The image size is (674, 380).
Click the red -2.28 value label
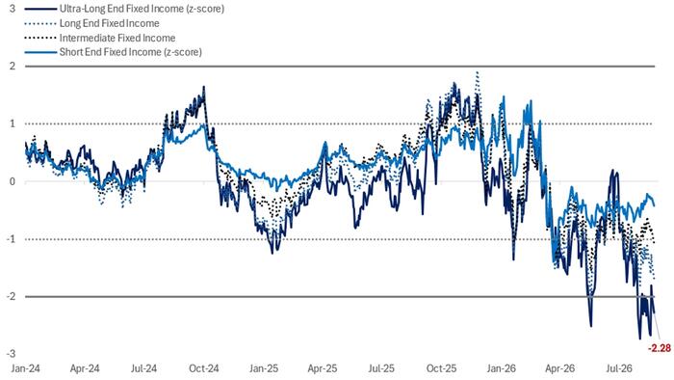click(x=659, y=348)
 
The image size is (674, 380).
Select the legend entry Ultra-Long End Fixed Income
click(x=142, y=9)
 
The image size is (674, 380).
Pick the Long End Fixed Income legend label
click(x=109, y=23)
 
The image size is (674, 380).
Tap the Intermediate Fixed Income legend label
click(x=117, y=38)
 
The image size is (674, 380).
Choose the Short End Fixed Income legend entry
click(x=130, y=52)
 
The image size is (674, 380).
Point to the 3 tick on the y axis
click(x=13, y=8)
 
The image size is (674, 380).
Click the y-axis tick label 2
click(x=13, y=67)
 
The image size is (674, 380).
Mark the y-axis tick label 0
click(x=13, y=181)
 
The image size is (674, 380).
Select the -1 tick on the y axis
click(x=11, y=239)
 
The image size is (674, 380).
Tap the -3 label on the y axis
click(x=11, y=354)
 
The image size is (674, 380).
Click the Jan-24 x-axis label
click(x=25, y=368)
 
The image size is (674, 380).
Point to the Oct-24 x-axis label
click(x=204, y=368)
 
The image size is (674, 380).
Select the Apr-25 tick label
click(x=323, y=368)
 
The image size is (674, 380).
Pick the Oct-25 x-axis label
click(x=441, y=368)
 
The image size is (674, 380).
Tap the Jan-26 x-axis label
click(x=502, y=368)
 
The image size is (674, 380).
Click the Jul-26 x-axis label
click(x=619, y=368)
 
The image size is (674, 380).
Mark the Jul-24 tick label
click(x=144, y=368)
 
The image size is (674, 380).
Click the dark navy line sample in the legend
click(x=40, y=9)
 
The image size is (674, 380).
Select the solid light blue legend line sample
click(x=40, y=52)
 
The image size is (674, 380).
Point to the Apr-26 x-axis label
click(x=559, y=368)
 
